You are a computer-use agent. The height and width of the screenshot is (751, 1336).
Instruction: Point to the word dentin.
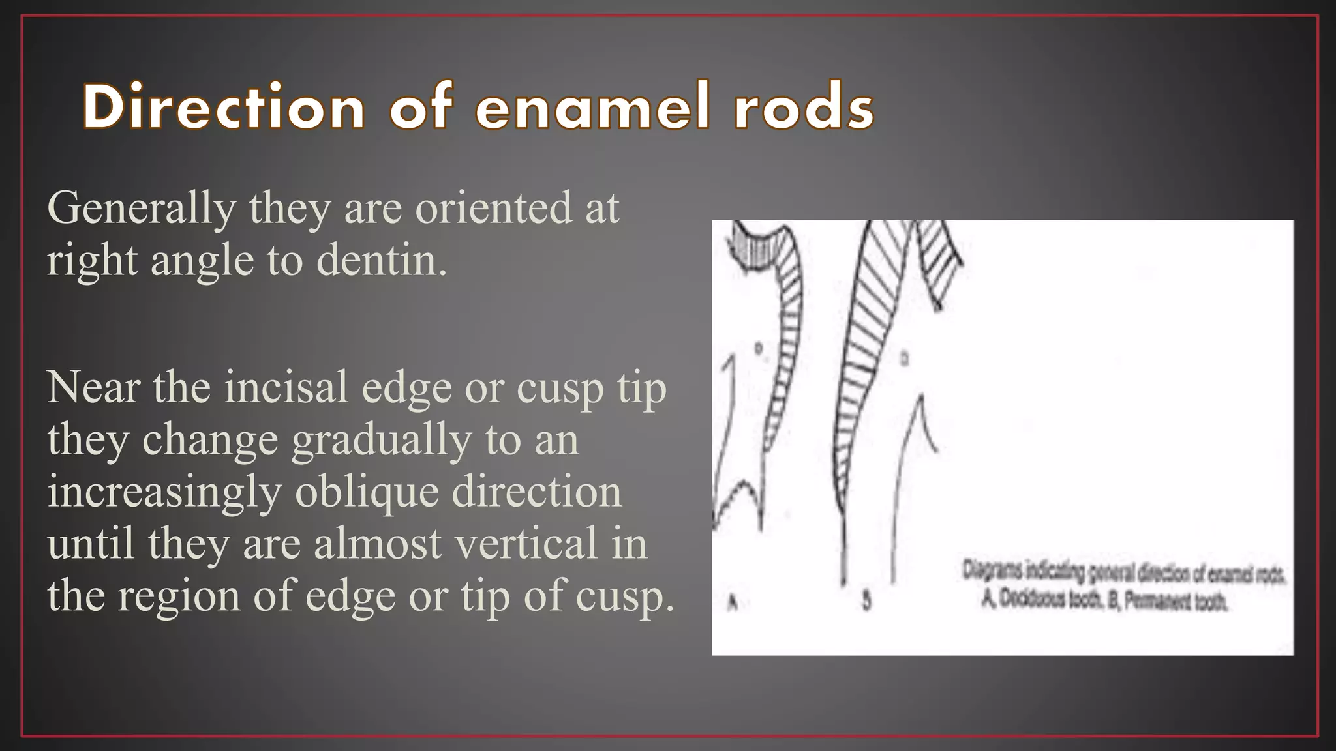pos(382,261)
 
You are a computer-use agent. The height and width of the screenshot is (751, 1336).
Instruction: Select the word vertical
pos(526,544)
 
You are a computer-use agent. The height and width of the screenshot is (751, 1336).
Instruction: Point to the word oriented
pos(494,209)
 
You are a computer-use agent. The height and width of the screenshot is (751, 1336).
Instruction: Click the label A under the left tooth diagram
pos(732,603)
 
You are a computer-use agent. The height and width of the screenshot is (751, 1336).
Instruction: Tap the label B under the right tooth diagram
pos(866,600)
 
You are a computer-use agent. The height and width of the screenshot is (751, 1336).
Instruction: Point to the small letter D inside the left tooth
pos(759,348)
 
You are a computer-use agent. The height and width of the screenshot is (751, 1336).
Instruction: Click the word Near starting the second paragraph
pos(93,388)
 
